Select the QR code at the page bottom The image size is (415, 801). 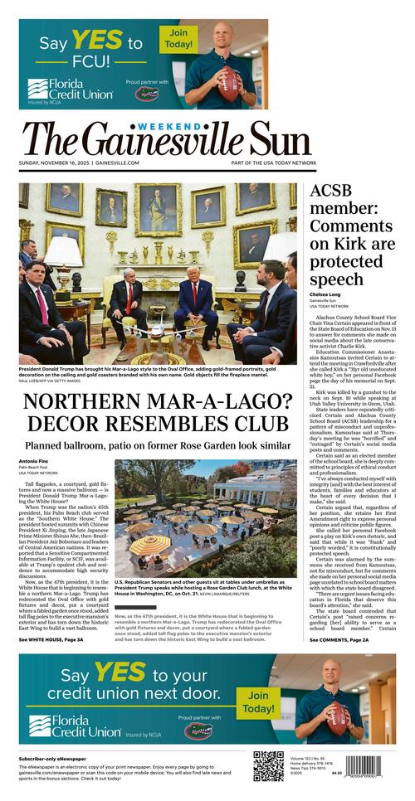click(268, 766)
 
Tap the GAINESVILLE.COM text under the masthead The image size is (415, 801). click(118, 163)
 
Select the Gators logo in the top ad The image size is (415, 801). click(147, 95)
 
